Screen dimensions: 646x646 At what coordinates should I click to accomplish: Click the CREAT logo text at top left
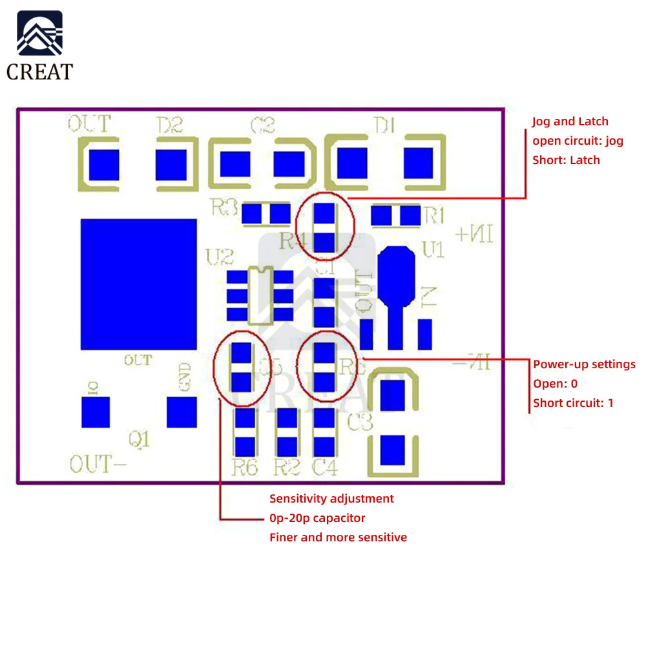click(40, 72)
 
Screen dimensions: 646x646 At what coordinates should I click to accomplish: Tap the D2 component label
click(170, 125)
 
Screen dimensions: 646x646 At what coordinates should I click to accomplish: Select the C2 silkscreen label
click(262, 125)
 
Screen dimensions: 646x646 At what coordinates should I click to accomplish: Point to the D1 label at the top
click(385, 125)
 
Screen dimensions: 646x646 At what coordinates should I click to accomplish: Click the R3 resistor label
click(224, 208)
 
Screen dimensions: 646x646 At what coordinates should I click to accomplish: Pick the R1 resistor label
click(435, 214)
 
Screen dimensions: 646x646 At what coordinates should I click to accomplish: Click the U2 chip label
click(219, 258)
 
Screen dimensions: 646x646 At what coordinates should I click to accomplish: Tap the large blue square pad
click(138, 284)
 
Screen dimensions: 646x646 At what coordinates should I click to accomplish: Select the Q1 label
click(140, 440)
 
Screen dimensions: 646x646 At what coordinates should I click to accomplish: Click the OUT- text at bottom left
click(91, 464)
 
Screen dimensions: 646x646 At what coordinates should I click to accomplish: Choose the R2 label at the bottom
click(286, 467)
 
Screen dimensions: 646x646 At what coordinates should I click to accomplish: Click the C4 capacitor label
click(324, 467)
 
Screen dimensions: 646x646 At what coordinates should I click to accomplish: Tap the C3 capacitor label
click(360, 424)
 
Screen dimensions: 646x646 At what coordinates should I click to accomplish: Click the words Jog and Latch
click(570, 121)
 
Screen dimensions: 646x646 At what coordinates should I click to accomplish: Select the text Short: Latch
click(566, 160)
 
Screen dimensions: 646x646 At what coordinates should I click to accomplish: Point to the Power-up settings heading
click(584, 364)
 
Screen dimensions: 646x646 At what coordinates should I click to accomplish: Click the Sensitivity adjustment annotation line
click(331, 498)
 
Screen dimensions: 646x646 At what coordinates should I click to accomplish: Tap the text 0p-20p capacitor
click(317, 517)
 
